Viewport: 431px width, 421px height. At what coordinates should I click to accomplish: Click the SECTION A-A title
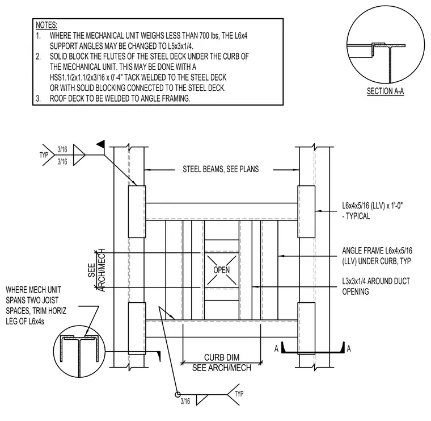(x=385, y=91)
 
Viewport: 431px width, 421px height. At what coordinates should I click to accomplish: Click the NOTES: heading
(x=47, y=25)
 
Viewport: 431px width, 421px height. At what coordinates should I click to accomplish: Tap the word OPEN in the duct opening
(x=222, y=270)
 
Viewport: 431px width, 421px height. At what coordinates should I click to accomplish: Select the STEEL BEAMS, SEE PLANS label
(x=221, y=169)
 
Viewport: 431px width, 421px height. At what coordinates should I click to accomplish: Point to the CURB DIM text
(x=222, y=357)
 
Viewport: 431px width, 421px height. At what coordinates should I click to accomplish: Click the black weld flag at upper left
(x=101, y=144)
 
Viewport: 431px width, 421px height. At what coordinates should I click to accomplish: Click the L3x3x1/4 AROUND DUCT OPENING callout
(x=376, y=286)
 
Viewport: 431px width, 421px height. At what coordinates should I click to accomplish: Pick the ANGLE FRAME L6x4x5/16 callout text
(x=377, y=256)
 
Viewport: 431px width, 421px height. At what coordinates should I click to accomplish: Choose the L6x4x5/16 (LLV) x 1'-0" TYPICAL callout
(x=372, y=211)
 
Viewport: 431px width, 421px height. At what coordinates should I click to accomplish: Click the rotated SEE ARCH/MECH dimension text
(x=96, y=270)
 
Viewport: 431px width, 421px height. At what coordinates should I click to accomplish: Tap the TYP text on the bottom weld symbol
(x=239, y=394)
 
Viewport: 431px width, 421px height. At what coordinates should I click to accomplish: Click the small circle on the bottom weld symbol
(x=178, y=394)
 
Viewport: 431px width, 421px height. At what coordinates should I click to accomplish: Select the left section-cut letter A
(x=276, y=349)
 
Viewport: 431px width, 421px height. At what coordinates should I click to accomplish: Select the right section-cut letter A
(x=349, y=349)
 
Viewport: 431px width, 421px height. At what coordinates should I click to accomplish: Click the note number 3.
(x=38, y=98)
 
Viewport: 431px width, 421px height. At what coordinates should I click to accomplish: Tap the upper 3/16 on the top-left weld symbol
(x=62, y=149)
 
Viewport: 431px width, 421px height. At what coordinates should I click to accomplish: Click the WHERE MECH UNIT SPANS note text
(x=36, y=305)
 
